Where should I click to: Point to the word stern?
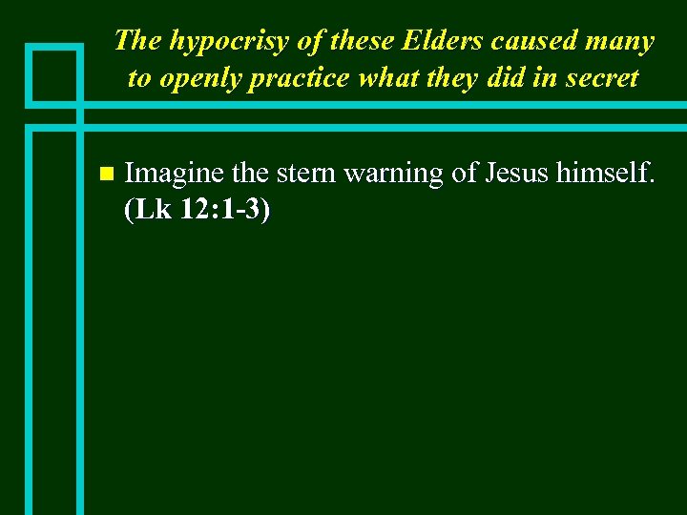point(307,174)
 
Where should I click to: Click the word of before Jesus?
point(463,174)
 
